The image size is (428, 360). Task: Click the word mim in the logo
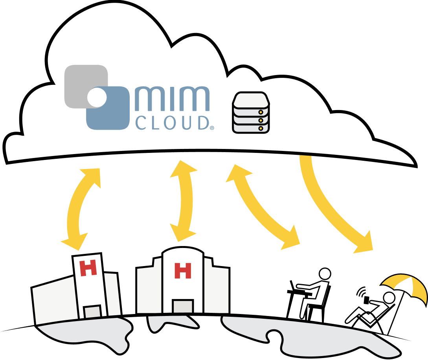pyautogui.click(x=172, y=99)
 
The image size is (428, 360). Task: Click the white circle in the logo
pyautogui.click(x=97, y=97)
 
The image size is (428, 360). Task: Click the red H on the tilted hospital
pyautogui.click(x=88, y=268)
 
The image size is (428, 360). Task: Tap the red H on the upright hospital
pyautogui.click(x=182, y=270)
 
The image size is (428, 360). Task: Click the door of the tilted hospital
pyautogui.click(x=93, y=311)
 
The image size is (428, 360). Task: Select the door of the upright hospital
pyautogui.click(x=183, y=306)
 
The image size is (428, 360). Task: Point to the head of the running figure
pyautogui.click(x=325, y=274)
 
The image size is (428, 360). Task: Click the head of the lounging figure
pyautogui.click(x=389, y=298)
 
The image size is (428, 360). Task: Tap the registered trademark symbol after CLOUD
pyautogui.click(x=212, y=128)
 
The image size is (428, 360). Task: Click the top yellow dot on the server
pyautogui.click(x=260, y=112)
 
